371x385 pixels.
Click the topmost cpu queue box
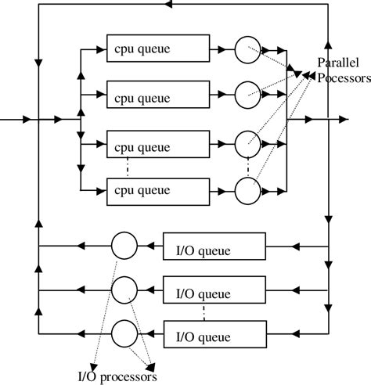point(157,51)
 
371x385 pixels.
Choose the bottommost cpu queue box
point(157,189)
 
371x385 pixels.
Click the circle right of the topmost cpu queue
point(247,51)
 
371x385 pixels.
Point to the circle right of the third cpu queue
point(247,144)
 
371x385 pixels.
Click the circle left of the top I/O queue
point(124,246)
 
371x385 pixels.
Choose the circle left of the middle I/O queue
point(124,290)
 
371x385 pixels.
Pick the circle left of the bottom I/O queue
point(124,334)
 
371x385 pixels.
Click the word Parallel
point(337,63)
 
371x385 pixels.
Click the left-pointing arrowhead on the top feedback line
point(171,5)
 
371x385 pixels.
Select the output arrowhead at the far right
point(343,121)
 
